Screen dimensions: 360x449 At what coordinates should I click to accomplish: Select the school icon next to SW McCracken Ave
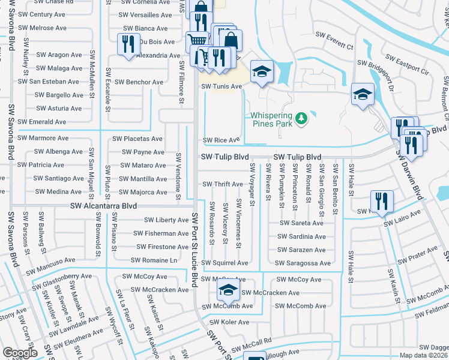pos(228,292)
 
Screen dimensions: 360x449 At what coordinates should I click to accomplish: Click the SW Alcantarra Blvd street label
pos(103,206)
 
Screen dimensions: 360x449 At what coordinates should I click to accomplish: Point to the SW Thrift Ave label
pos(222,184)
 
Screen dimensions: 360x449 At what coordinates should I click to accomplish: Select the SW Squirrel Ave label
pos(224,263)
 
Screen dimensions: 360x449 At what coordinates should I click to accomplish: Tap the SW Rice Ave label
pos(221,140)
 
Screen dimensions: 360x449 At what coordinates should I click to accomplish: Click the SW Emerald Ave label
pos(41,122)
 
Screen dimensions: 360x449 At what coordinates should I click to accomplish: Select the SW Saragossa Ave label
pos(303,263)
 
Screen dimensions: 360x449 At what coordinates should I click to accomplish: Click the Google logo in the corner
pos(20,353)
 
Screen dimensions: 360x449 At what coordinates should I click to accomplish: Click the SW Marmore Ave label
pos(43,138)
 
